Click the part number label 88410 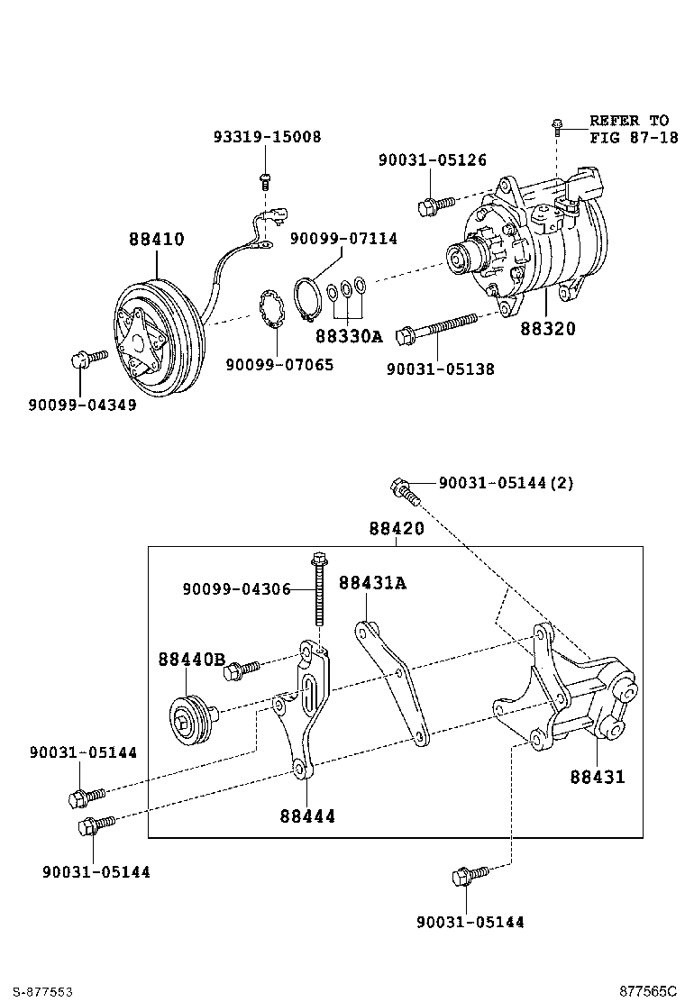(156, 240)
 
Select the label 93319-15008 (267, 137)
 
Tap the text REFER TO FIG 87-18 (628, 129)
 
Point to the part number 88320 (547, 329)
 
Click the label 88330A (349, 336)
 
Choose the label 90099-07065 (279, 365)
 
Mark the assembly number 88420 (396, 529)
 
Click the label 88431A (372, 583)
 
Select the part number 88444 (306, 815)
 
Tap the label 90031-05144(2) (506, 483)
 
